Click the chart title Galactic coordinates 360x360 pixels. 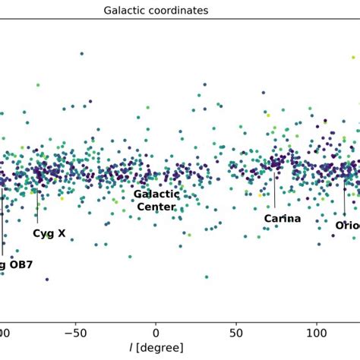click(x=156, y=11)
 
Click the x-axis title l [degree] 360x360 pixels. click(x=156, y=348)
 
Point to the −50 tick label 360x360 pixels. click(x=75, y=331)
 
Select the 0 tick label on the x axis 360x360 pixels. click(x=156, y=331)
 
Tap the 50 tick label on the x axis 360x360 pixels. click(x=236, y=331)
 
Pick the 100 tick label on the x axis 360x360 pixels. click(x=316, y=331)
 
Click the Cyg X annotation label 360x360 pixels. click(x=49, y=234)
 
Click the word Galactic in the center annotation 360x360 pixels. click(x=156, y=194)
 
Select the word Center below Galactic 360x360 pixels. click(x=156, y=207)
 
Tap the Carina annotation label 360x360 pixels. click(x=283, y=219)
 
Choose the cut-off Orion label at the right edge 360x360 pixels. click(x=347, y=226)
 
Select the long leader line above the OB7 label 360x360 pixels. click(x=2, y=224)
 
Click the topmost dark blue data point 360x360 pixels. click(x=81, y=54)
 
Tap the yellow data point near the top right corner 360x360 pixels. click(x=353, y=57)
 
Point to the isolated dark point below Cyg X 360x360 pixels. click(x=47, y=279)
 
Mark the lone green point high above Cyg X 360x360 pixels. click(x=37, y=85)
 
